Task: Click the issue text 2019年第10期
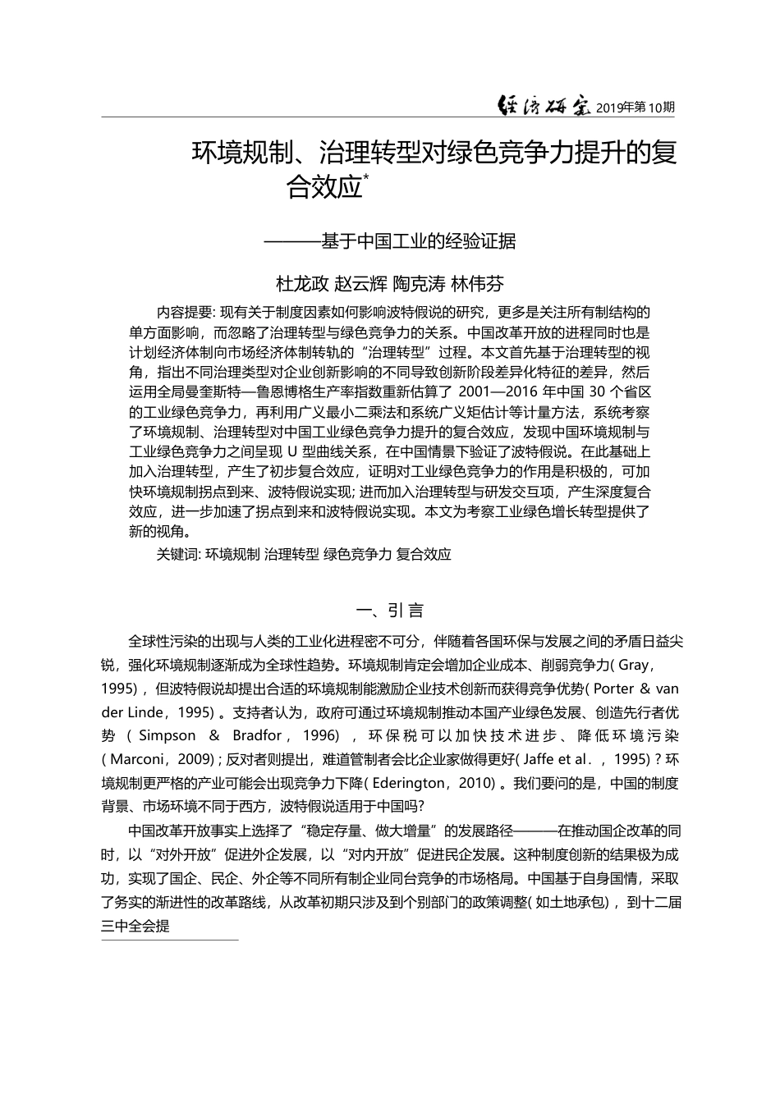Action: pos(635,108)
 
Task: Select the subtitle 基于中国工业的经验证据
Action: pos(418,241)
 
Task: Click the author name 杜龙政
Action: pos(301,284)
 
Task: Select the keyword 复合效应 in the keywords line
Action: pos(424,554)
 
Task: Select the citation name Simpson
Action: pos(167,735)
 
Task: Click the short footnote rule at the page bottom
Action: pos(169,941)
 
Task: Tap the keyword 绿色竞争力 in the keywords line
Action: pos(357,554)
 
